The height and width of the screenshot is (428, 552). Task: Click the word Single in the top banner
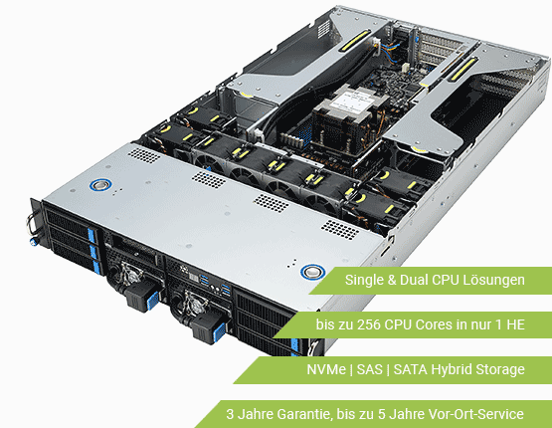364,282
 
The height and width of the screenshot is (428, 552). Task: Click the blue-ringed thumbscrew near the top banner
314,271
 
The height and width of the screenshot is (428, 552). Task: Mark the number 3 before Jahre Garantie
230,413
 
